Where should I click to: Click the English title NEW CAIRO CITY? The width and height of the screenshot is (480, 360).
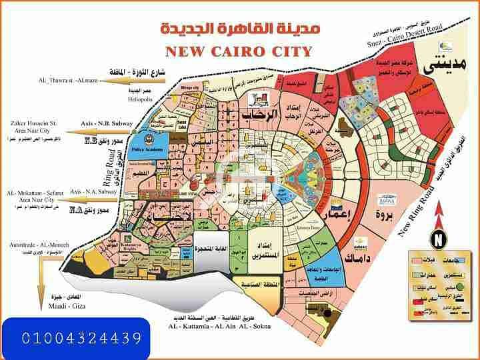coord(239,51)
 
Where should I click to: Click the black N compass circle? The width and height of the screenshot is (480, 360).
coord(439,238)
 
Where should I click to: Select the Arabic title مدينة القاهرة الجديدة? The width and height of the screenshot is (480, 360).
coord(241,29)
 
